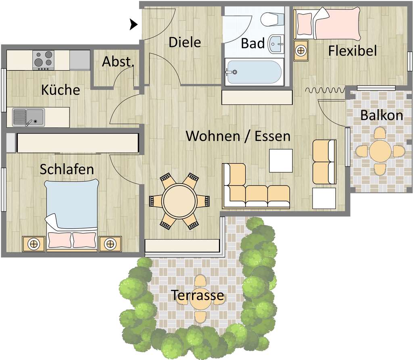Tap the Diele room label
(184, 42)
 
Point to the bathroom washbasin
(276, 43)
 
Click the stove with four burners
(43, 59)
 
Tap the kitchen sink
(28, 117)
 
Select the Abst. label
(118, 62)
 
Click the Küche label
(60, 90)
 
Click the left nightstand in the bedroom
(33, 243)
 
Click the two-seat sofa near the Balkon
(324, 162)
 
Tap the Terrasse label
(198, 295)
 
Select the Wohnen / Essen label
(238, 136)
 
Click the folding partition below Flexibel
(325, 90)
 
